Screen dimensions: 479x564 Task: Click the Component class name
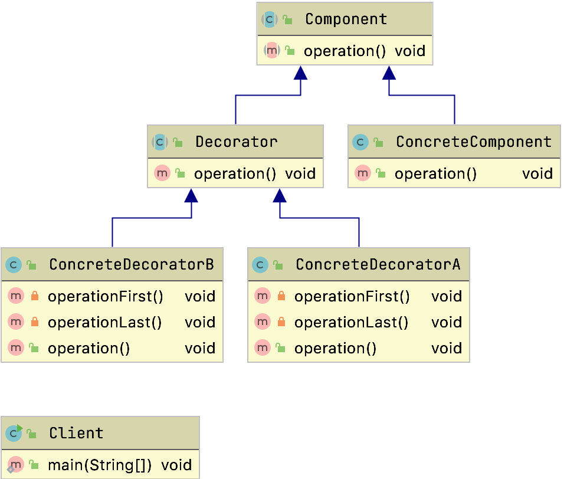(346, 19)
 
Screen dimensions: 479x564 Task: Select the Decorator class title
(236, 142)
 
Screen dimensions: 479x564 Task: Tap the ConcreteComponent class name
(473, 142)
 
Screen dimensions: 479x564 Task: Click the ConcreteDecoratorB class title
(131, 265)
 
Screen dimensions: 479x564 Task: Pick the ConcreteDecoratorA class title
(378, 265)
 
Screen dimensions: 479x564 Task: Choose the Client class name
(76, 434)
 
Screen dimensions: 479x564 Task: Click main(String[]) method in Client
(99, 465)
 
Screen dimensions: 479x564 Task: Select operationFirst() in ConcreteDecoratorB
(105, 296)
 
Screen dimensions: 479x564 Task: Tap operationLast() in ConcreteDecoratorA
(351, 322)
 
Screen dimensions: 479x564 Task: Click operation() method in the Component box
(345, 51)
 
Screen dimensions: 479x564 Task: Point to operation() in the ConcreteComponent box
(435, 173)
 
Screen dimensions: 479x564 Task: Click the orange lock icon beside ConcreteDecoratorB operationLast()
(34, 322)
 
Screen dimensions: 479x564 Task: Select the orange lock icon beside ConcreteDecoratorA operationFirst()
(281, 296)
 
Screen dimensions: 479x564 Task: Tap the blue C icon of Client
(14, 434)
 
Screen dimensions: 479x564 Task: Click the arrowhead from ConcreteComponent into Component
(389, 73)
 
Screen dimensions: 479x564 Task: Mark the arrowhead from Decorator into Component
(301, 73)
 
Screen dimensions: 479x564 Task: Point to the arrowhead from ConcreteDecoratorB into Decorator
(191, 195)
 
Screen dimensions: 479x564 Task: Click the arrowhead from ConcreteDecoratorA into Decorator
(280, 195)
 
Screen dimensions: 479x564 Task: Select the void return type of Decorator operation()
(300, 173)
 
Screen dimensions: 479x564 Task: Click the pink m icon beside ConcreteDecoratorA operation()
(263, 348)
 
